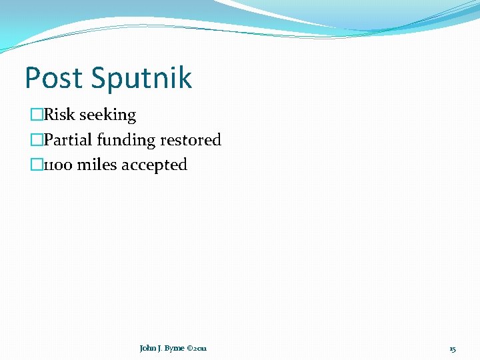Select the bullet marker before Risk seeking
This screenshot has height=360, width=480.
(x=37, y=115)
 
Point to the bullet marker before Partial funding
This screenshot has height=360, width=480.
(x=37, y=140)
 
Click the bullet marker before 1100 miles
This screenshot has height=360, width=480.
(x=37, y=165)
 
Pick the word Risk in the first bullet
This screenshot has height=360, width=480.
(x=59, y=115)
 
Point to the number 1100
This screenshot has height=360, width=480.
(x=58, y=165)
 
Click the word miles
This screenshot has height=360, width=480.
(x=97, y=165)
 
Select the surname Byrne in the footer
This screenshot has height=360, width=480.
(x=174, y=349)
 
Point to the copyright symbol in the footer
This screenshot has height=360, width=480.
(x=191, y=349)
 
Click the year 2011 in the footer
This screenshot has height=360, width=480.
(x=201, y=349)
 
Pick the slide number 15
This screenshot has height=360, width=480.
(x=453, y=349)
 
